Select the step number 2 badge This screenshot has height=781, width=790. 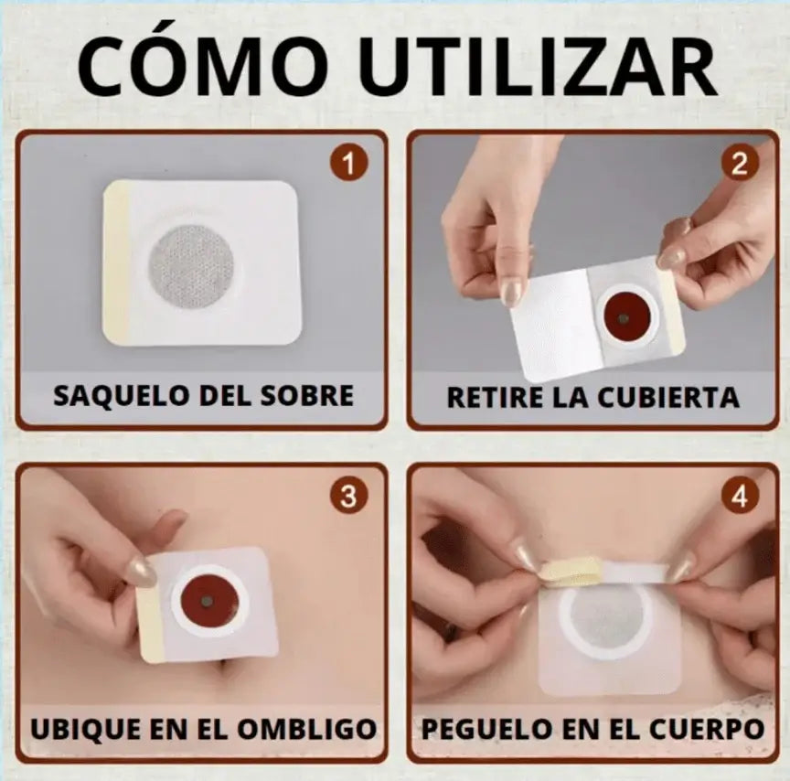click(x=739, y=165)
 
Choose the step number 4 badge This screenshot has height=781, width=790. click(x=739, y=497)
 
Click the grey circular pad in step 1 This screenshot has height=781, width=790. click(x=191, y=266)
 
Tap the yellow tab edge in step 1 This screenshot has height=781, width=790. click(x=116, y=262)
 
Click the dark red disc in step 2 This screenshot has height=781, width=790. click(x=624, y=317)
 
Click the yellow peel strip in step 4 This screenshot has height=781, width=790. click(x=570, y=570)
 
